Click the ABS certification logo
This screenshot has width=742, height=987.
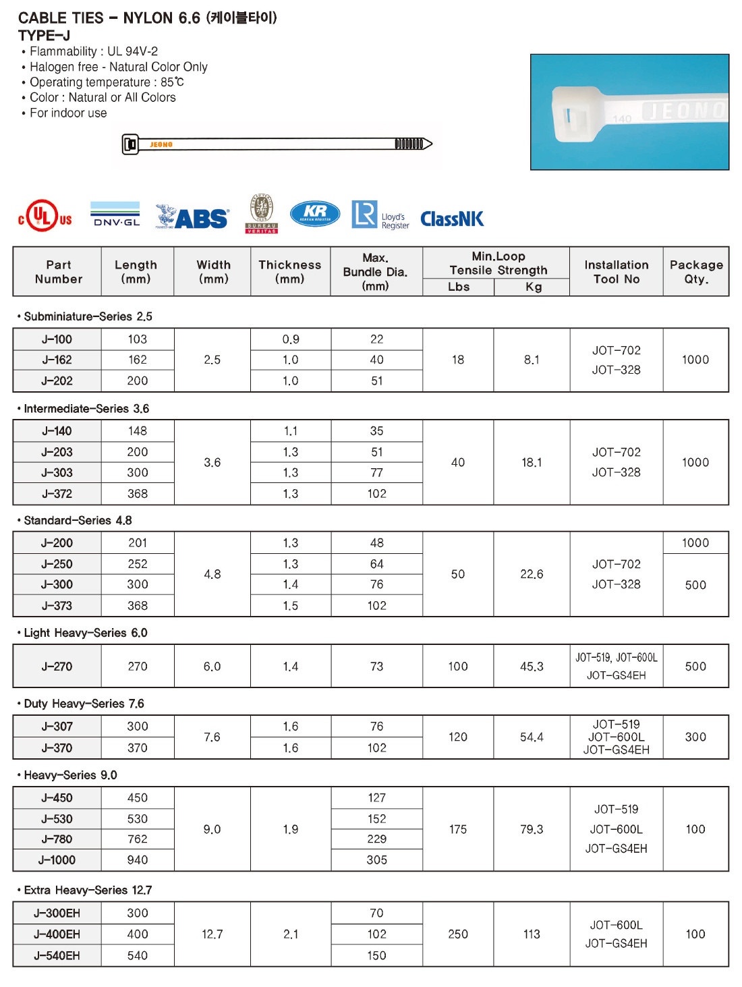pos(193,217)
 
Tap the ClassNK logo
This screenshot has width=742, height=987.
pos(452,219)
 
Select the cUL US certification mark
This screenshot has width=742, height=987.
pos(45,216)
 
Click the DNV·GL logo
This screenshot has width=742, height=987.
pos(115,215)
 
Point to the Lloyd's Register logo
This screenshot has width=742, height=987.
pos(380,216)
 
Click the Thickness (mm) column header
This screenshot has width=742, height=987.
pos(290,271)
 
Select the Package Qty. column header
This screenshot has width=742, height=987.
pos(695,271)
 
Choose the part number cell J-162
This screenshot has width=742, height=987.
pos(57,360)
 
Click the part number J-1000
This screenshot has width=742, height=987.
pos(57,860)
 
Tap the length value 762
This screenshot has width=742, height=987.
pos(138,839)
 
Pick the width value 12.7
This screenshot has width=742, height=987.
pos(212,934)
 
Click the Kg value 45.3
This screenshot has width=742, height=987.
pos(532,667)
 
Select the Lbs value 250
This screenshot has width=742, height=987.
pos(458,934)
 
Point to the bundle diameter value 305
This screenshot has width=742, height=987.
pos(377,860)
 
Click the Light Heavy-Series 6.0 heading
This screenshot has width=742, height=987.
pos(85,633)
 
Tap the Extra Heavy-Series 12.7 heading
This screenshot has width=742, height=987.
pos(88,890)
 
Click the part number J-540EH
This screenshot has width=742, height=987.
pos(57,955)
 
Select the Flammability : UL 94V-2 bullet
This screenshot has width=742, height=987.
pos(93,51)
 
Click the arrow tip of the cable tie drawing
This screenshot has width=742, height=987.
pos(429,144)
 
